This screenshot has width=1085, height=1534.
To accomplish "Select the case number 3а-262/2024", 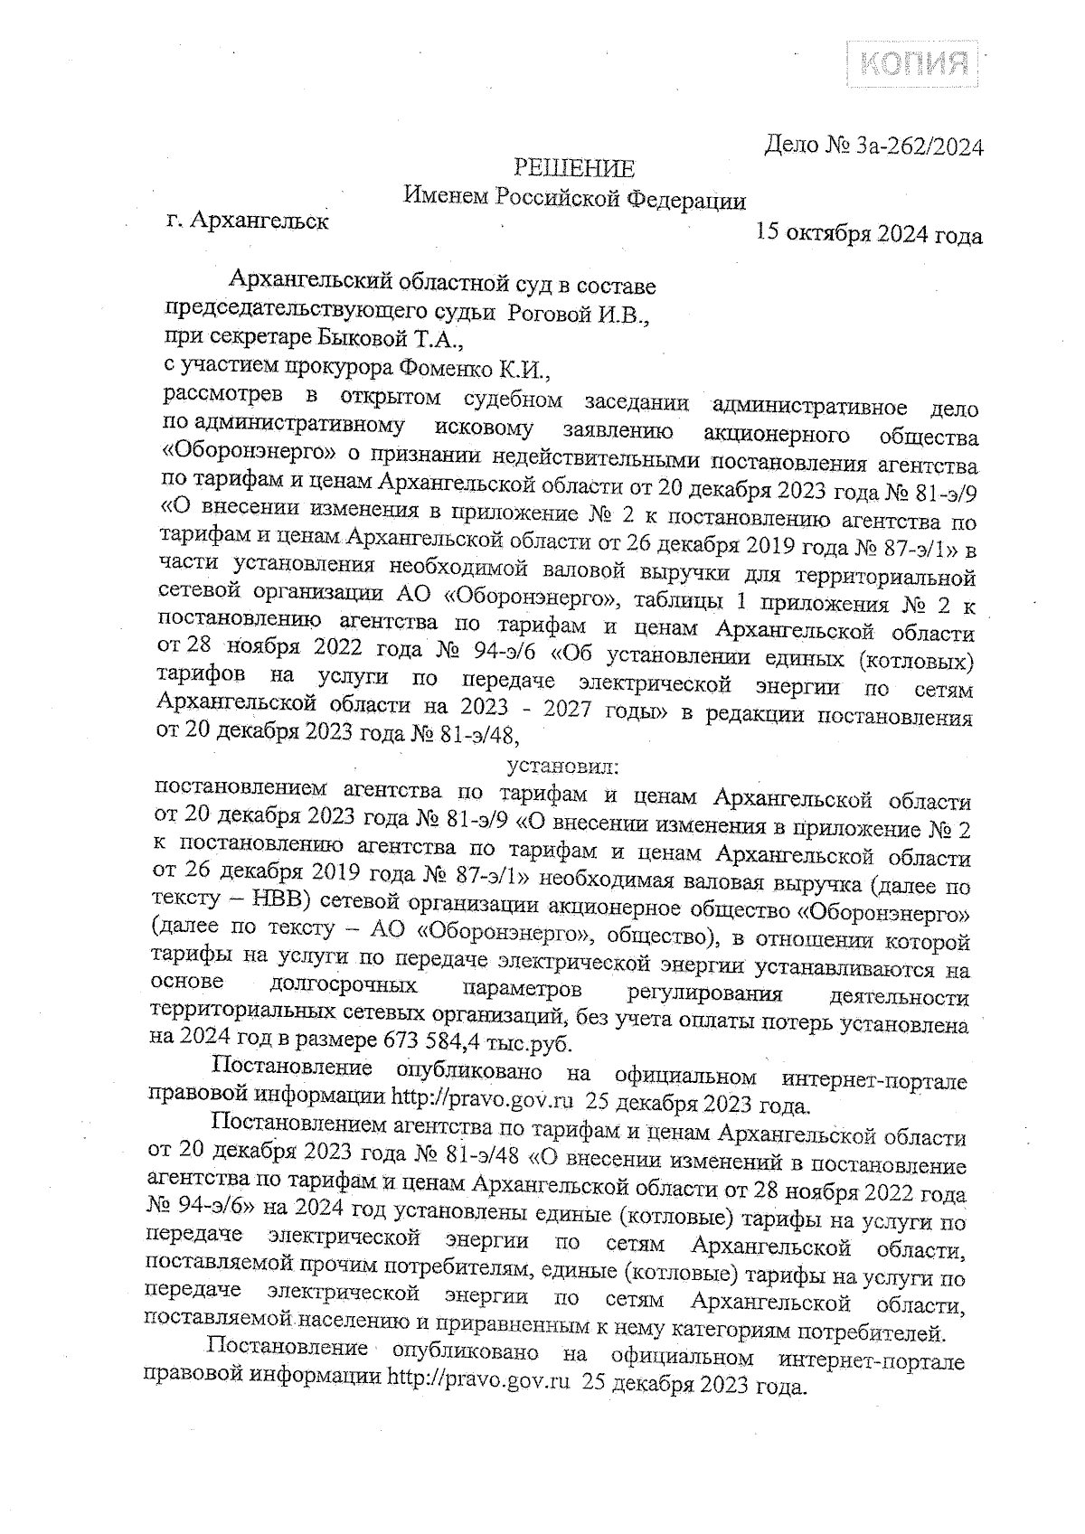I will [917, 146].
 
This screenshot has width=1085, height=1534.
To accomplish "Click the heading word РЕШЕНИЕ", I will [574, 168].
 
